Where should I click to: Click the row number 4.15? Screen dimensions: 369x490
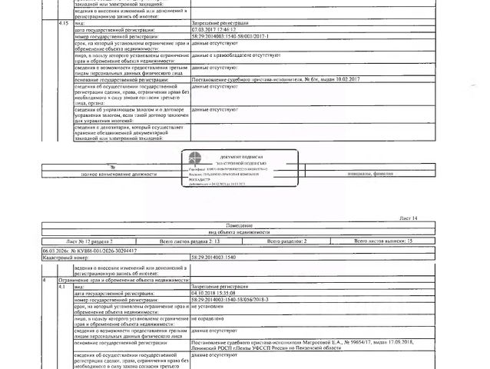pyautogui.click(x=65, y=24)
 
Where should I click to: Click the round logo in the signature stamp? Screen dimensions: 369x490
pyautogui.click(x=197, y=157)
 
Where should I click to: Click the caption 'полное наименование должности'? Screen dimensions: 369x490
pyautogui.click(x=118, y=174)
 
